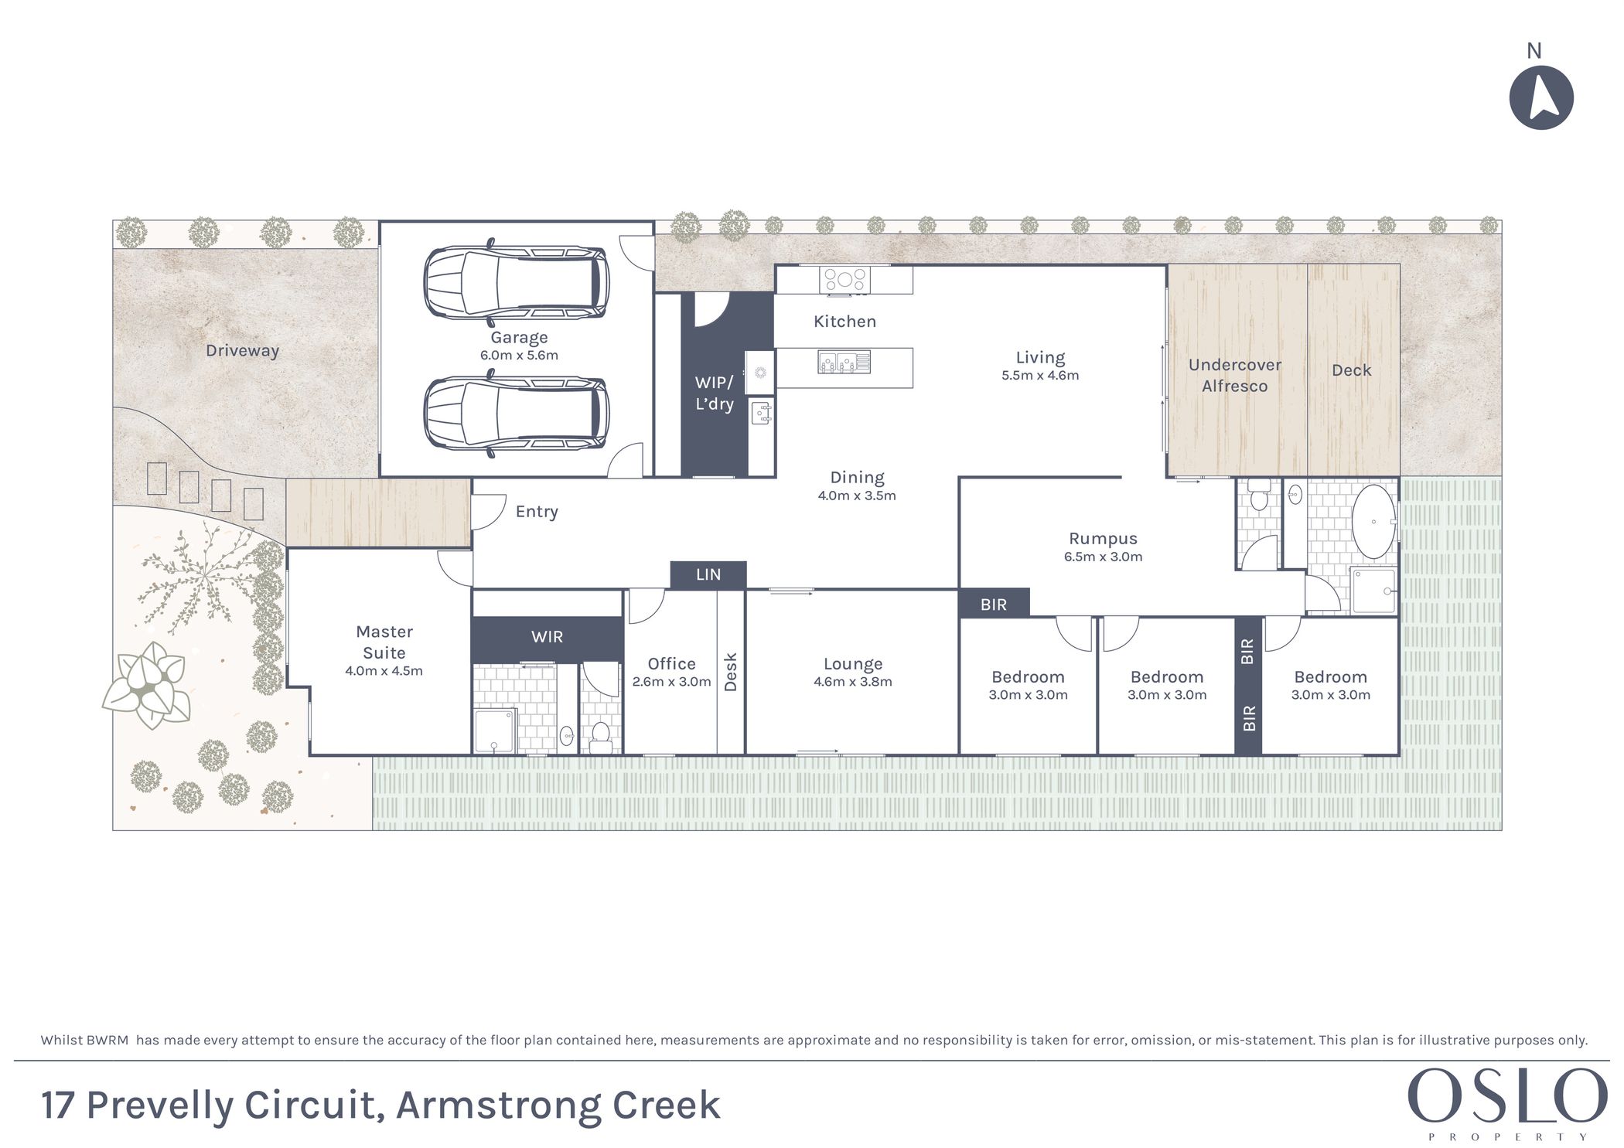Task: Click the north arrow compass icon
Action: pyautogui.click(x=1540, y=97)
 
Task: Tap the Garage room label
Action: pyautogui.click(x=519, y=337)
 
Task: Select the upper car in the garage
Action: pyautogui.click(x=516, y=282)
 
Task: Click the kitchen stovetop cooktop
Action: pyautogui.click(x=844, y=280)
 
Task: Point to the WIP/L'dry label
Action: pyautogui.click(x=714, y=393)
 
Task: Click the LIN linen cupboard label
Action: pyautogui.click(x=708, y=574)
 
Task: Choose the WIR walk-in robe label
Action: pyautogui.click(x=547, y=637)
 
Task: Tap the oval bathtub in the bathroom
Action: pyautogui.click(x=1373, y=522)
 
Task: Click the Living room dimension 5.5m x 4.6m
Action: pyautogui.click(x=1040, y=375)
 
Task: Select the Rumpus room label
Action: pyautogui.click(x=1103, y=539)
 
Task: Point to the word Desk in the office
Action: pyautogui.click(x=730, y=672)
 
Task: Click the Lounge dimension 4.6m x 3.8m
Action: pyautogui.click(x=853, y=681)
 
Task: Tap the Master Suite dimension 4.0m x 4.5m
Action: pyautogui.click(x=384, y=670)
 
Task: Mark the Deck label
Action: pyautogui.click(x=1351, y=370)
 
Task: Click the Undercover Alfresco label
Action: pyautogui.click(x=1235, y=376)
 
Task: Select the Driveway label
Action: pyautogui.click(x=242, y=350)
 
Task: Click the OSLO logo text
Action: pyautogui.click(x=1507, y=1095)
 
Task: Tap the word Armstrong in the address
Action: pyautogui.click(x=499, y=1106)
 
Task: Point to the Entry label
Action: pyautogui.click(x=537, y=512)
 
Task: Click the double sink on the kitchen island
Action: pyautogui.click(x=844, y=362)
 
